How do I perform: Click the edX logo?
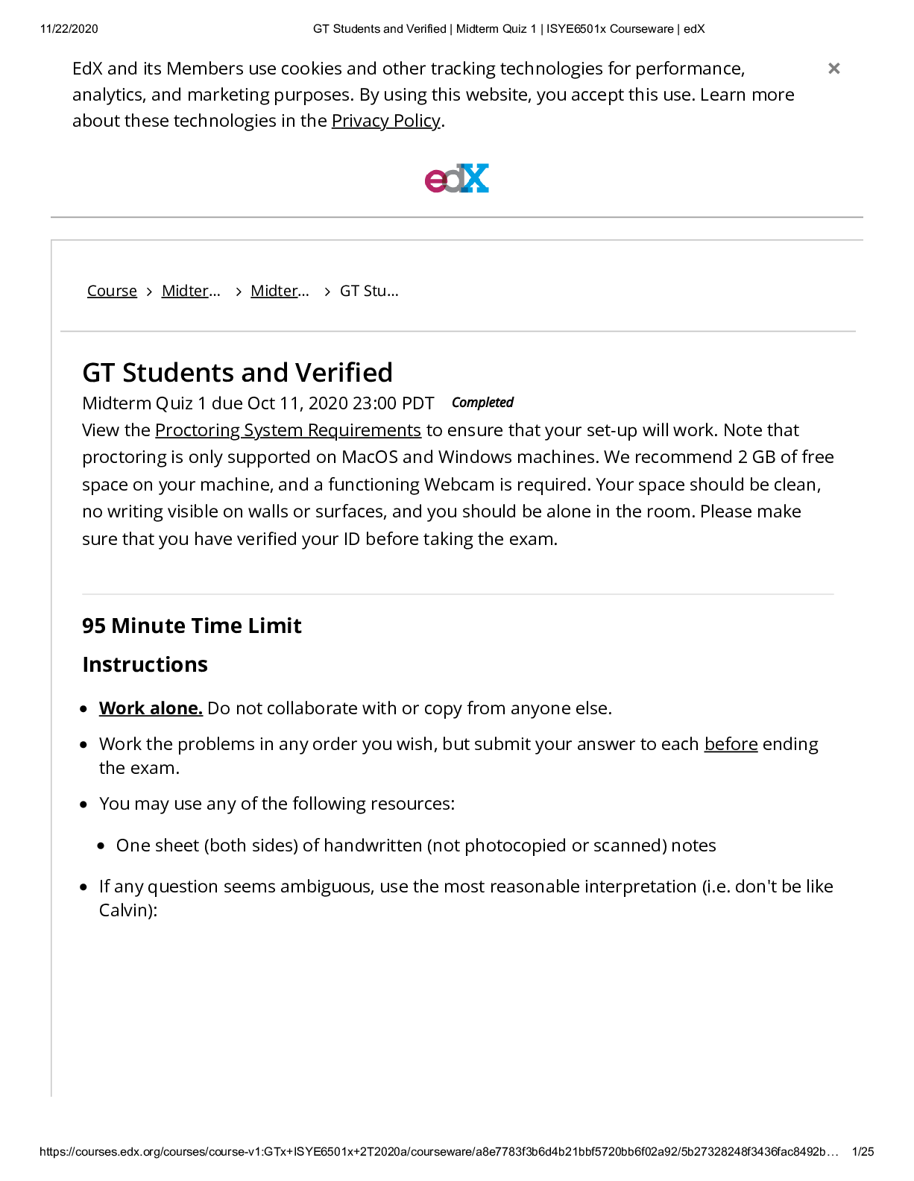coord(456,179)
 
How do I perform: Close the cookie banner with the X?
coord(834,69)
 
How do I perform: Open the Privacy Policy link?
coord(385,121)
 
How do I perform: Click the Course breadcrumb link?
coord(112,291)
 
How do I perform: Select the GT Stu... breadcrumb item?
coord(369,291)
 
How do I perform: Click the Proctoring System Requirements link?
coord(288,430)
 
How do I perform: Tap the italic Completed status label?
coord(482,403)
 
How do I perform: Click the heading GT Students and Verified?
coord(237,372)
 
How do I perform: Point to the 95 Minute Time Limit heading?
coord(192,626)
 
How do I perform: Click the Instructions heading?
coord(145,664)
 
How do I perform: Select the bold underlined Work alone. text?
coord(151,708)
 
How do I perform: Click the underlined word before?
coord(731,744)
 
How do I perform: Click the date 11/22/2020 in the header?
coord(69,29)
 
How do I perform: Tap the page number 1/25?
coord(863,1152)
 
